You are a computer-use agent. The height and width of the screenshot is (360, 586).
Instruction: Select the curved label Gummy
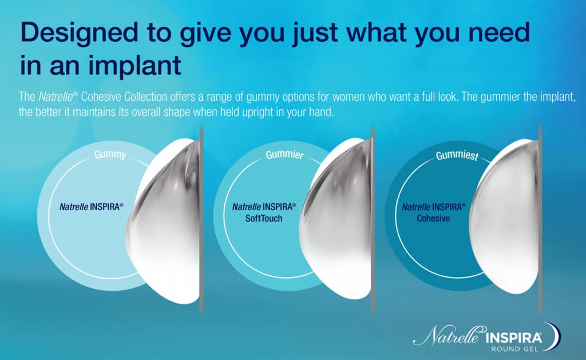click(110, 155)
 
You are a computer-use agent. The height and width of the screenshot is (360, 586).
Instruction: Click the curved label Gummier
click(285, 155)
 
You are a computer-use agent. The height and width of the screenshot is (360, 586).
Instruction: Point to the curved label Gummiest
click(457, 155)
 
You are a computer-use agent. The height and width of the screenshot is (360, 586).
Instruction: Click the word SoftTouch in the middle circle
click(264, 218)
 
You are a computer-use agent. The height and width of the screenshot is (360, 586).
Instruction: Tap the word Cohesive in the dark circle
click(434, 218)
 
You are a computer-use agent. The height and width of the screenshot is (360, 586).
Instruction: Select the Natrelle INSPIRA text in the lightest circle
click(91, 207)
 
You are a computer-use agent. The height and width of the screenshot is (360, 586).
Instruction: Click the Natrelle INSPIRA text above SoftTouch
click(264, 207)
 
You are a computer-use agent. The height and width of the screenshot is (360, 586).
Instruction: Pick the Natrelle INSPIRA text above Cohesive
click(434, 207)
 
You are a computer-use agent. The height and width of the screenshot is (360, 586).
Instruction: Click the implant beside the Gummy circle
click(164, 220)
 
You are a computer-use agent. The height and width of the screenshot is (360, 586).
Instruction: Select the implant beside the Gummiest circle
click(505, 217)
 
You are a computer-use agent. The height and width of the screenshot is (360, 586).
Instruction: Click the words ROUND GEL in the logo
click(514, 349)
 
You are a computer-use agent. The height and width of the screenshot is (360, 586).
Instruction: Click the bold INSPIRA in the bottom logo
click(513, 338)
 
